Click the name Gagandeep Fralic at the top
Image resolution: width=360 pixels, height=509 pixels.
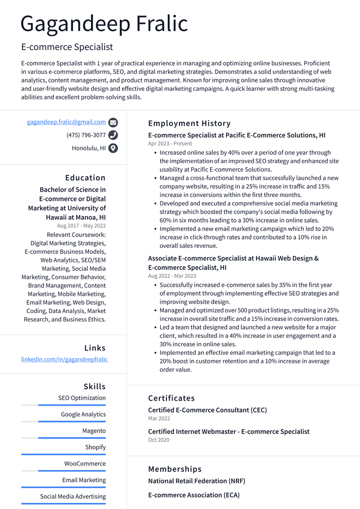coord(104,23)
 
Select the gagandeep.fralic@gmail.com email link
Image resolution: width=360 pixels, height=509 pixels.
coord(66,122)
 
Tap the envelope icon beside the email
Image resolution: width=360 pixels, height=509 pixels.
coord(113,123)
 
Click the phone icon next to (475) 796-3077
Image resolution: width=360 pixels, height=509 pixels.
coord(113,135)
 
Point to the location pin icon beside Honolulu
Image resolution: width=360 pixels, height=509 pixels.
coord(113,148)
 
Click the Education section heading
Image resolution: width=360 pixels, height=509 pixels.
coord(85,178)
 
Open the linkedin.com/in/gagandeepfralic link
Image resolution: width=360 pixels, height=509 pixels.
coord(64,359)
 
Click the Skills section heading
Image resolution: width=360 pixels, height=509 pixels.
coord(95,387)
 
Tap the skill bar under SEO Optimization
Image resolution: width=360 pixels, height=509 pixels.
coord(63,405)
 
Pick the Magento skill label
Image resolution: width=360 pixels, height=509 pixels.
coord(94,431)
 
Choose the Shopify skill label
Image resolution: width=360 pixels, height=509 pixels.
coord(95,447)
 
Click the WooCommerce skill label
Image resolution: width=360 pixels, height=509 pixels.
coord(85,464)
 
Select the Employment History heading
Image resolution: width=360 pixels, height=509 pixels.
coord(189,123)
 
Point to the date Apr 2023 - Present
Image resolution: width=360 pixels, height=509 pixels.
coord(170,144)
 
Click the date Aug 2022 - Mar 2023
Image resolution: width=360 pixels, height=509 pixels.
coord(172,276)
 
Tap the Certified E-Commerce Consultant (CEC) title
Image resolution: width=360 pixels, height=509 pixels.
coord(207,410)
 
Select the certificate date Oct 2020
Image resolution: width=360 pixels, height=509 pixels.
coord(158,440)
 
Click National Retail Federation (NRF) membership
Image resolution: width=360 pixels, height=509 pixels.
coord(196,481)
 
